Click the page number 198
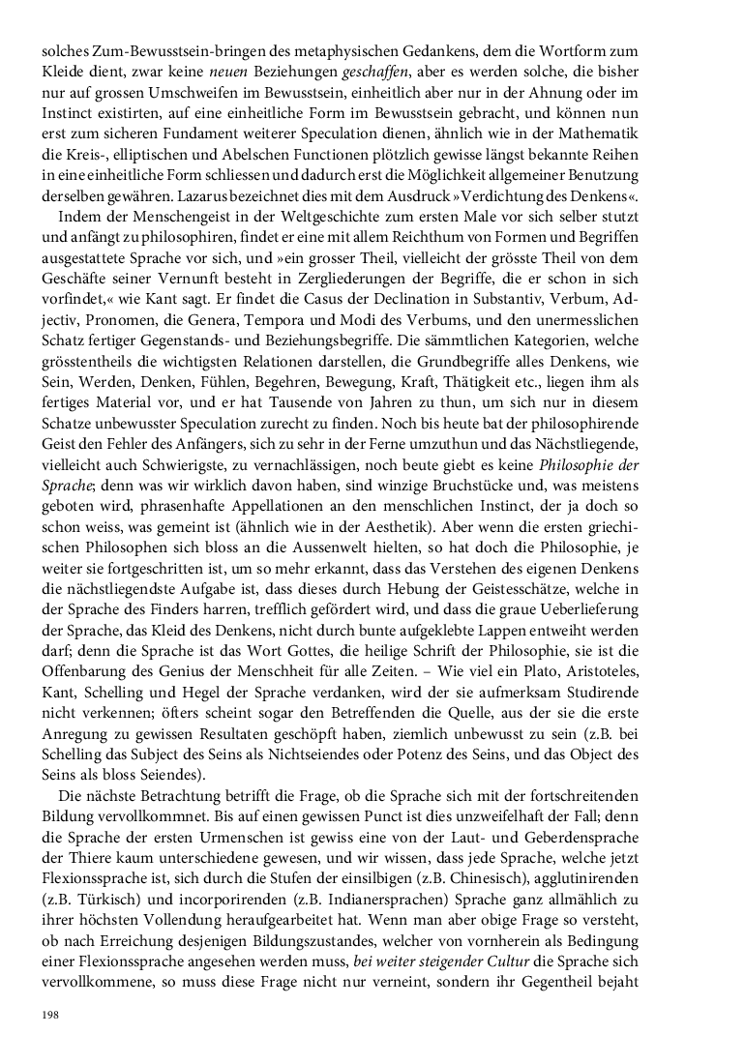click(49, 1014)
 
